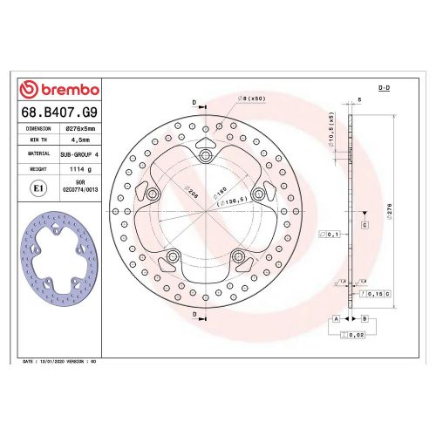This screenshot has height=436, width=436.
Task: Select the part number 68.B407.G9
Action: point(59,111)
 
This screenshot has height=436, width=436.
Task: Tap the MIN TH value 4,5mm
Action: point(80,140)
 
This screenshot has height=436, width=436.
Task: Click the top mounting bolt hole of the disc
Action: point(206,155)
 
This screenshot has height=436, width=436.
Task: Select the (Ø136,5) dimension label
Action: point(231,201)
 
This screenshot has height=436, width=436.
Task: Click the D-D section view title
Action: point(383,89)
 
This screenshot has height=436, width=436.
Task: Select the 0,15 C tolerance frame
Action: point(377,294)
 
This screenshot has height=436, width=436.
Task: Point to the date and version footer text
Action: point(58,360)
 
